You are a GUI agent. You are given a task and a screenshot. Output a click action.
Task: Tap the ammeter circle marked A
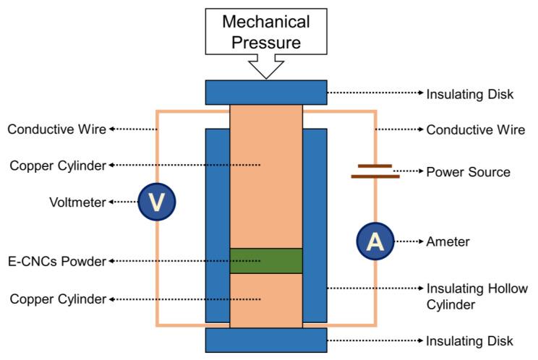coord(375,241)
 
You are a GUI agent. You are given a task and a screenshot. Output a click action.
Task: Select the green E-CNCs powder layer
coord(266,261)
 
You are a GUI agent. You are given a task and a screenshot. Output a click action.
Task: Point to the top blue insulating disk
coord(266,93)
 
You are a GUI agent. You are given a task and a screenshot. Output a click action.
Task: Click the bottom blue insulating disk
coord(266,340)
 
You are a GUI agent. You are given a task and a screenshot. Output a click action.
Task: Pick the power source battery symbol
coord(375,171)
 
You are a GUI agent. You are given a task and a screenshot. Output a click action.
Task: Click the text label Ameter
coord(448,241)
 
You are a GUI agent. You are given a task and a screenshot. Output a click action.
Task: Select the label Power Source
coord(468,172)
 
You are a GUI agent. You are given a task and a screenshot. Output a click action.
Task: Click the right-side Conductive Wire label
coord(475,130)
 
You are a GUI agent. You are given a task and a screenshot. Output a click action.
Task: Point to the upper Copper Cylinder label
coord(57,166)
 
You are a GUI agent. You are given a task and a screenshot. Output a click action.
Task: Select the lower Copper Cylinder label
coord(57,298)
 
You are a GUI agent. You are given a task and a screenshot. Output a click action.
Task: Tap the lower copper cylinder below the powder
coord(266,300)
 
